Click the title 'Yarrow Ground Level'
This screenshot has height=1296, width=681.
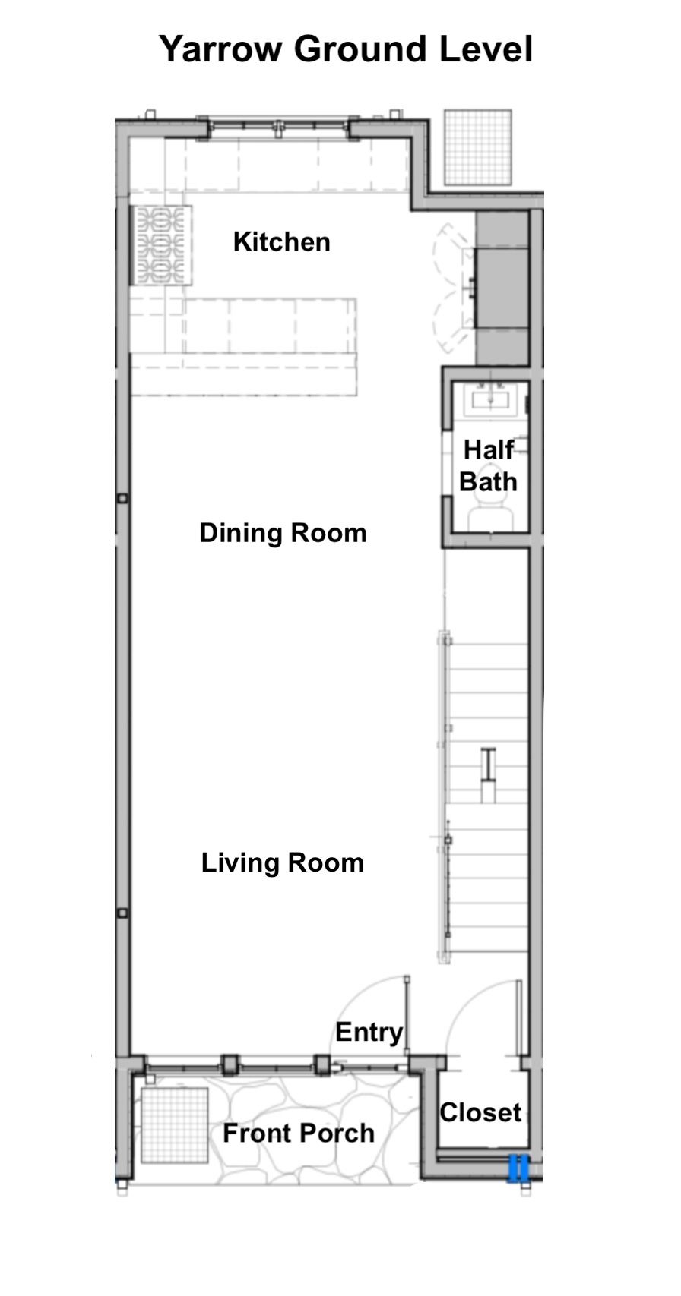[346, 49]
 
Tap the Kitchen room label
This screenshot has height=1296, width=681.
[281, 242]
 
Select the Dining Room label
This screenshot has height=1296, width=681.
[283, 533]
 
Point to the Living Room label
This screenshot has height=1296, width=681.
[283, 862]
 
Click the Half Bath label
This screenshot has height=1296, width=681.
[488, 465]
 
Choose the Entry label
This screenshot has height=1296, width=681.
[369, 1033]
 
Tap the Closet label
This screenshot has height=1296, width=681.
[480, 1112]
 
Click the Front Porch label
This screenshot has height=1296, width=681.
[299, 1133]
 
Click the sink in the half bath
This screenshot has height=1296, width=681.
[490, 399]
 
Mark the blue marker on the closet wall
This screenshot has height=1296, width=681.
[518, 1168]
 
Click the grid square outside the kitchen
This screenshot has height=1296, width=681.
[478, 147]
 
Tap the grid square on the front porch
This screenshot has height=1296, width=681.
[174, 1125]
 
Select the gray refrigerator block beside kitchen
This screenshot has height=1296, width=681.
[502, 288]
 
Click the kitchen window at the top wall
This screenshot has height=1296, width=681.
[278, 129]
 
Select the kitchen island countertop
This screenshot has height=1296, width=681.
[243, 346]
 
